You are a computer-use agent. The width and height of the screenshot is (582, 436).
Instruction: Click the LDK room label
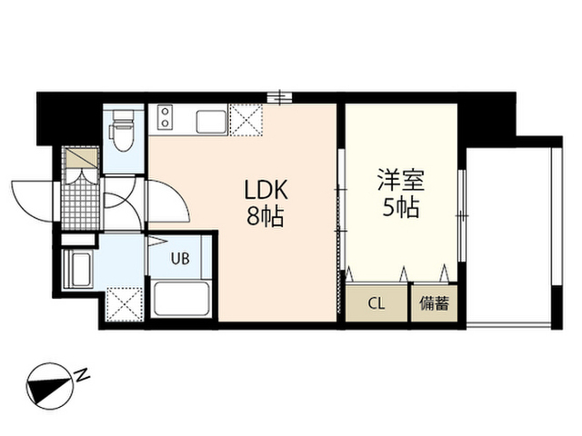coord(266,190)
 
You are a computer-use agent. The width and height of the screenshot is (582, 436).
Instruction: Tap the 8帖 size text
coord(265,217)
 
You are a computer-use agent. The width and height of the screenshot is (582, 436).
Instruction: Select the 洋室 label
coord(401,180)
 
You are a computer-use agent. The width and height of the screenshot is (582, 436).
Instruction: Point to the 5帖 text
coord(401,207)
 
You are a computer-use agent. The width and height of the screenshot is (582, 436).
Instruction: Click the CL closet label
coord(376,303)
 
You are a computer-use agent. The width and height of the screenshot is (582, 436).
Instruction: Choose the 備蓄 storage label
coord(434,303)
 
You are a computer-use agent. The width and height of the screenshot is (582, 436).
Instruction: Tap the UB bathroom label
coord(180,258)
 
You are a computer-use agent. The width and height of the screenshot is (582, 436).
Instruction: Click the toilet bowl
coord(122,131)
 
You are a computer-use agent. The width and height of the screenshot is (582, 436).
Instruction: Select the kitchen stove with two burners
coord(165,117)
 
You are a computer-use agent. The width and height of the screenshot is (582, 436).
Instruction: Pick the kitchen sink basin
coord(211,122)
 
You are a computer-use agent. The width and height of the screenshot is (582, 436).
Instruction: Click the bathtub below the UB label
coord(182,299)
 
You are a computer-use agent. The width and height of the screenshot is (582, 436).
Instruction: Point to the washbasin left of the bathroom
coord(77,269)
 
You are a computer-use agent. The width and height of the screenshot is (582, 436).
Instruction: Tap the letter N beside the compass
coord(83,374)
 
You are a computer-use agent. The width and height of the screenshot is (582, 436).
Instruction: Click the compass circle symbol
coord(50,386)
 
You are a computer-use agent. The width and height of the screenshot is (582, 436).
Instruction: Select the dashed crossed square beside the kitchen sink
coord(246,120)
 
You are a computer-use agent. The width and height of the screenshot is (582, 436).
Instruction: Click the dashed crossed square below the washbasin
coord(125,304)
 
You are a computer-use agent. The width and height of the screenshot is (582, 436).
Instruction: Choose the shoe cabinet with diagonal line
coord(82,157)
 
